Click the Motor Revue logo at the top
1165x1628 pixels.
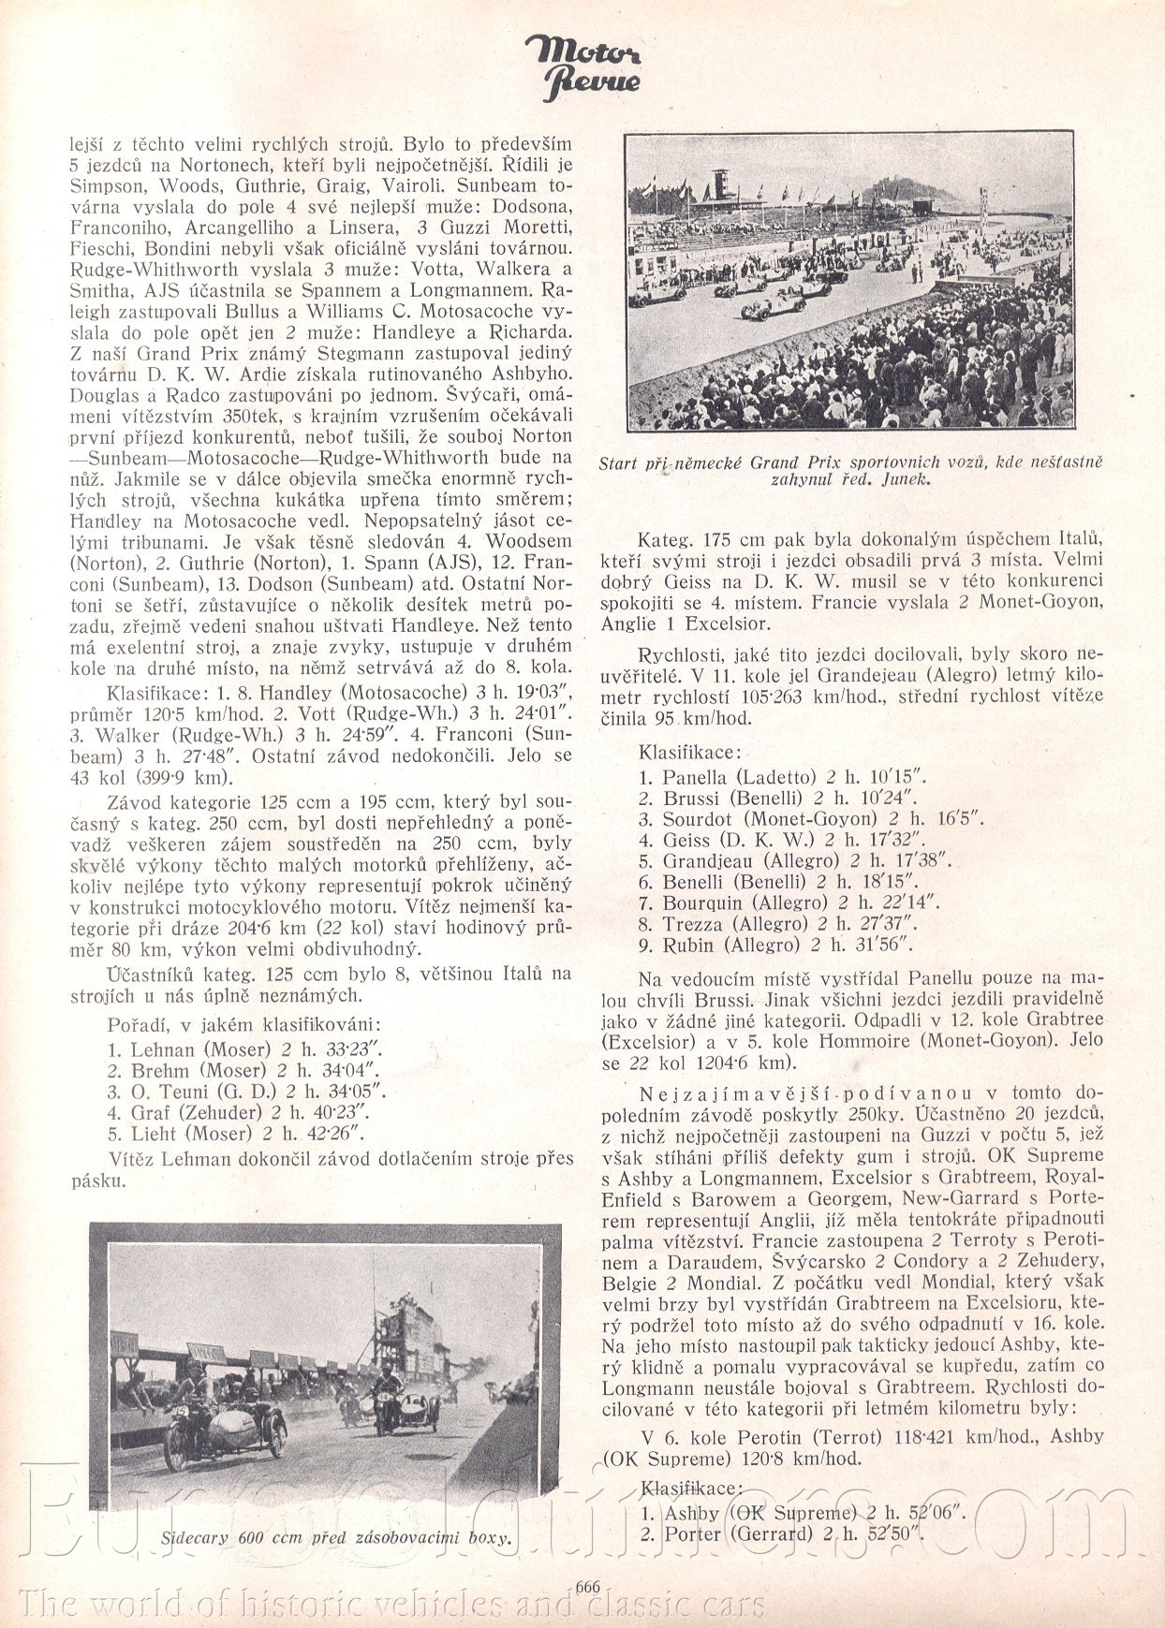[x=582, y=66]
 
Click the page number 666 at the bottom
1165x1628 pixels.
[x=587, y=1586]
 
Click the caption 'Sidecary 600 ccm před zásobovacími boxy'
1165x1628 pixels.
[x=335, y=1536]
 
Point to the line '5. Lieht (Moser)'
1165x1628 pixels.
[x=235, y=1134]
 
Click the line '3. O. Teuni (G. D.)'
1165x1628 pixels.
[x=246, y=1092]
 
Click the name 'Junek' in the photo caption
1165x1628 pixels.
[x=904, y=479]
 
